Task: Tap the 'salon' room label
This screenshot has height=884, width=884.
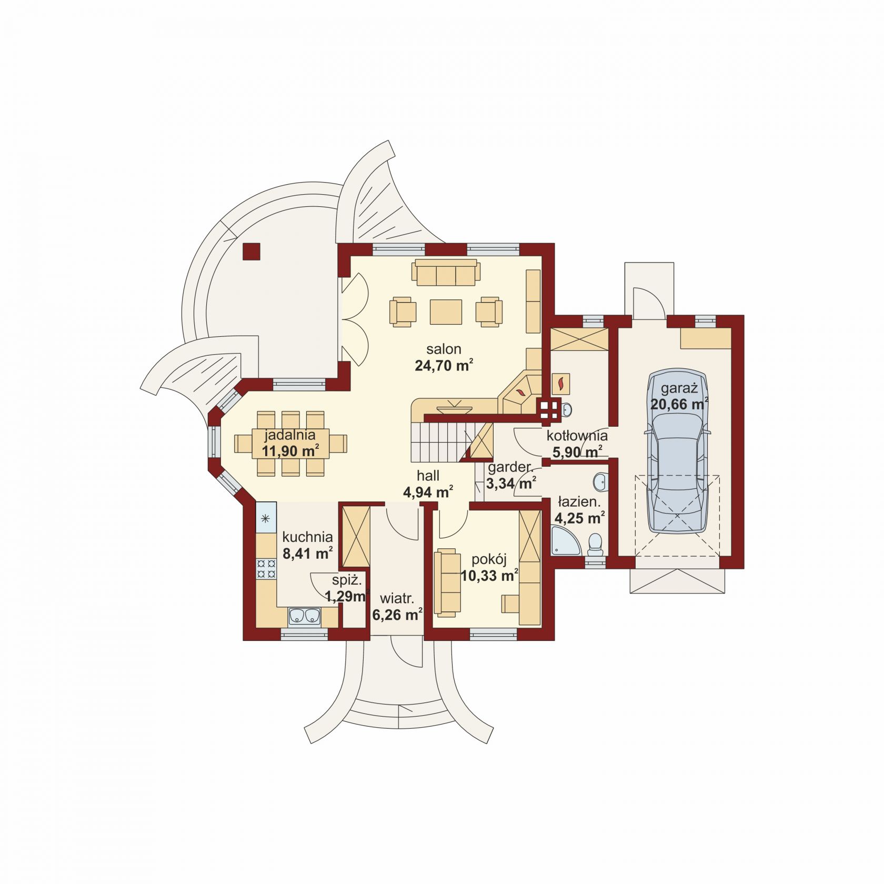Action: pos(444,349)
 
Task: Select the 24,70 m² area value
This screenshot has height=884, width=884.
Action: pos(444,365)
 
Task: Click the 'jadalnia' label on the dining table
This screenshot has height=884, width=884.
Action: pos(290,435)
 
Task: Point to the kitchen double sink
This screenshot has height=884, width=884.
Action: pos(305,616)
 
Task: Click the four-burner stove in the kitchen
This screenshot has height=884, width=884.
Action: pos(266,568)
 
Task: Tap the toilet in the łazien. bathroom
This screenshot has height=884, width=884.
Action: pos(596,545)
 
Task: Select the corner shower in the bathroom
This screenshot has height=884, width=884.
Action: pos(565,542)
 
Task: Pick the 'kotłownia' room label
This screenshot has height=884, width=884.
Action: pos(577,436)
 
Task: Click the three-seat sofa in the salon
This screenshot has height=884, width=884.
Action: pos(447,272)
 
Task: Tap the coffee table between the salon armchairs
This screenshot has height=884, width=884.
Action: pos(446,312)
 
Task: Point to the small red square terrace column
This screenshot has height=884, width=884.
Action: pos(251,252)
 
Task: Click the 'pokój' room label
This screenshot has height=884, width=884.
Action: pos(489,559)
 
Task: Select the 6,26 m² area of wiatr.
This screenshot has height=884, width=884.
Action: pos(397,615)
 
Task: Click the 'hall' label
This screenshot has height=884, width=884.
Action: pos(428,476)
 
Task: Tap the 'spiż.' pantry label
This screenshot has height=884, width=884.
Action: pos(347,581)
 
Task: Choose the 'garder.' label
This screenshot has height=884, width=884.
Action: pos(510,468)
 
